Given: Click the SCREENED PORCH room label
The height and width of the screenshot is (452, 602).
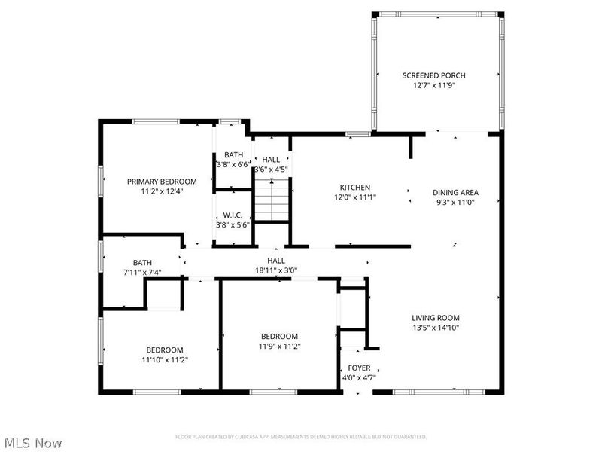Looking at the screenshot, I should [x=433, y=75].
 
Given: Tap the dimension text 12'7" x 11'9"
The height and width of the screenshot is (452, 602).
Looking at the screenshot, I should [x=433, y=86].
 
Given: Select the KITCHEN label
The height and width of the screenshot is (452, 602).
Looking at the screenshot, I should [x=354, y=188].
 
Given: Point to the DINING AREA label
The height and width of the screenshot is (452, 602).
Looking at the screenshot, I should [x=455, y=192].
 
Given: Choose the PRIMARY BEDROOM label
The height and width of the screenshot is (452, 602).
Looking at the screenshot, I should [x=161, y=182].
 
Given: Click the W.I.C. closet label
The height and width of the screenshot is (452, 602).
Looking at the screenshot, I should [x=232, y=215].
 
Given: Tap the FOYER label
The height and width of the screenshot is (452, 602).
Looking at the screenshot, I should [x=359, y=368].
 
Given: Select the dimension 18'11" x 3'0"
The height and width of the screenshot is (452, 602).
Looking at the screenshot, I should [x=281, y=270].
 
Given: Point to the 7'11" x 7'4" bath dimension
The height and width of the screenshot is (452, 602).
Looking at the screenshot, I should [x=142, y=273].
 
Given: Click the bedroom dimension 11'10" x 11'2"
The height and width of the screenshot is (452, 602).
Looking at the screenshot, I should [x=164, y=360].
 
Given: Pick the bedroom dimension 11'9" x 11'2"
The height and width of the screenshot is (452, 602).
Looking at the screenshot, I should [x=279, y=347].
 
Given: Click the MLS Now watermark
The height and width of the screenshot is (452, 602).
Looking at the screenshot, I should [x=33, y=443].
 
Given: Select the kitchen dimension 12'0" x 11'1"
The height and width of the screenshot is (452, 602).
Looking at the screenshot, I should [x=354, y=197].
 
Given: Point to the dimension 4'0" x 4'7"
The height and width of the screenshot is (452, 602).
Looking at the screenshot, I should [x=359, y=377].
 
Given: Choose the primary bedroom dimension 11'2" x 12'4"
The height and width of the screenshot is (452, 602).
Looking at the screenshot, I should [x=161, y=191].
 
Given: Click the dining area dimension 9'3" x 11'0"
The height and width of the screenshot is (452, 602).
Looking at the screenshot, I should [x=455, y=202].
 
